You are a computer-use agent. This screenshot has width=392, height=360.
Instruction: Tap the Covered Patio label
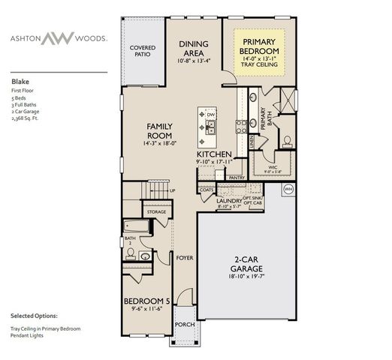(x=143, y=51)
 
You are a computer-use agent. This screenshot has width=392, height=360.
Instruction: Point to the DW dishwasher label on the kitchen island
(x=212, y=115)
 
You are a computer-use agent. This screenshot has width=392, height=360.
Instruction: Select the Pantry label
(x=237, y=178)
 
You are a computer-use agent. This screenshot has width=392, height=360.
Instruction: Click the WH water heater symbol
(x=288, y=189)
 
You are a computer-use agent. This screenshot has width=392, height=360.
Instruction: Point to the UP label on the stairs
(x=173, y=190)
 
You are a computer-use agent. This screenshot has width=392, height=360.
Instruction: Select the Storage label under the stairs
(x=156, y=212)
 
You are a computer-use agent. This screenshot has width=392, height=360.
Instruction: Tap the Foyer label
(x=185, y=257)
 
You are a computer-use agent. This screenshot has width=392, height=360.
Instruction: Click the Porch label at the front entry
(x=185, y=324)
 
